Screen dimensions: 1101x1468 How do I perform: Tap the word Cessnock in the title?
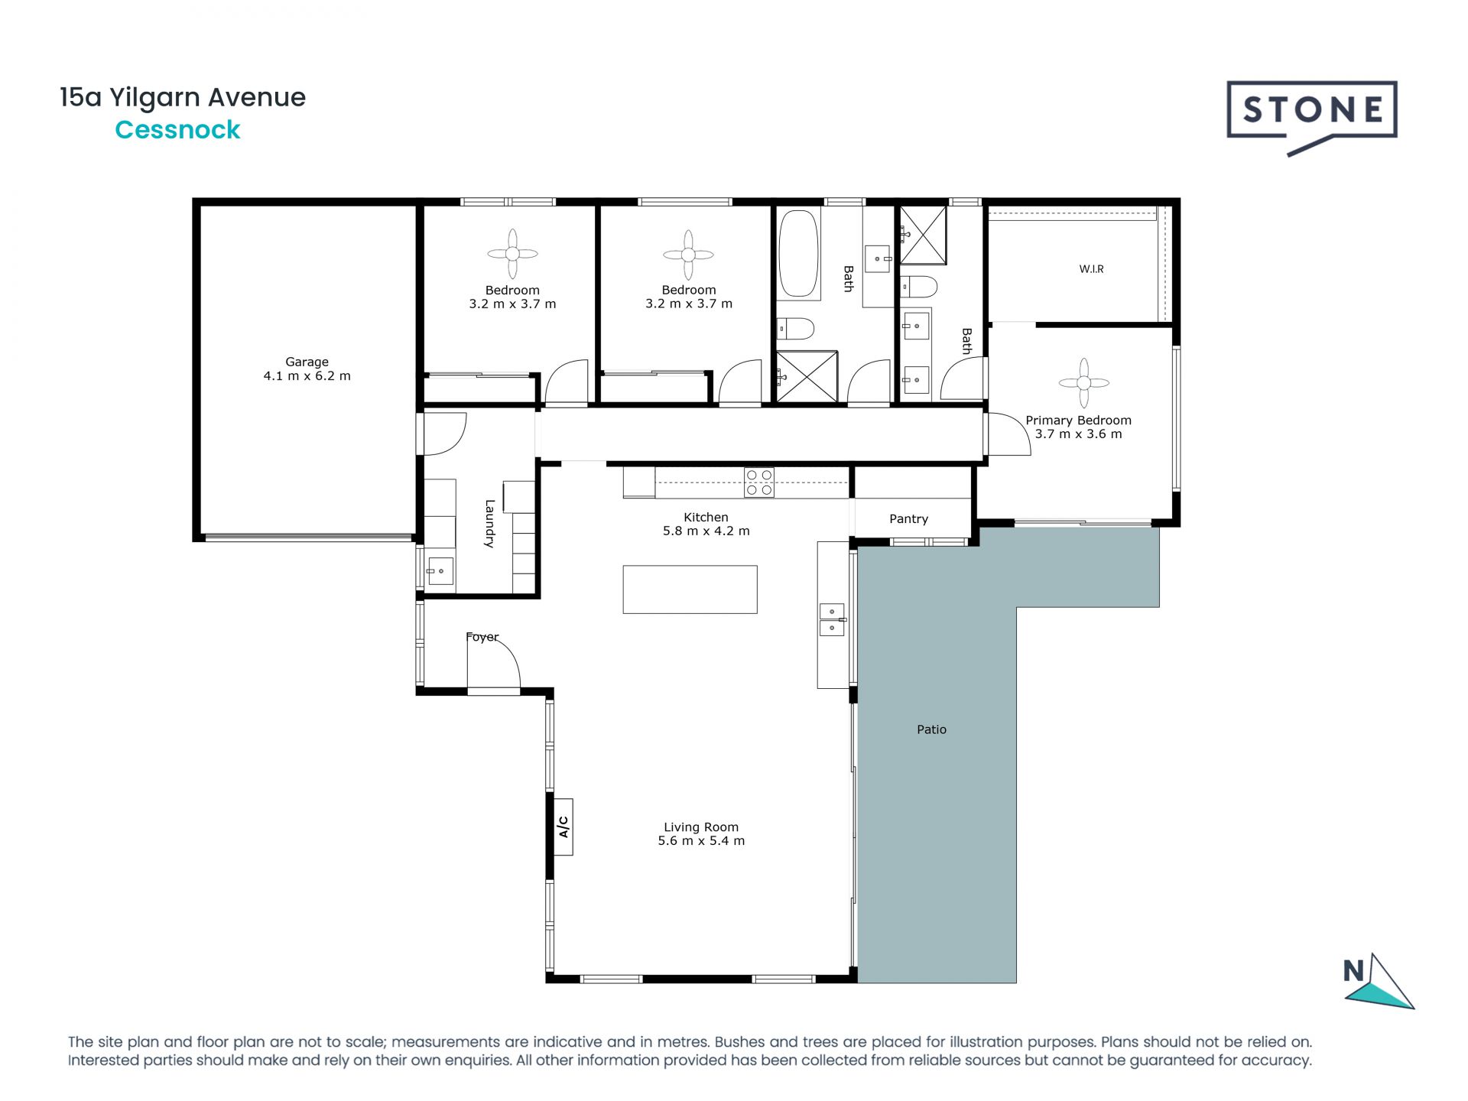tap(177, 130)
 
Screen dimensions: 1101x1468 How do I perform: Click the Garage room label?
tap(307, 362)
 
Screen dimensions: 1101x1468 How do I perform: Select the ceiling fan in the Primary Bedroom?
tap(1083, 383)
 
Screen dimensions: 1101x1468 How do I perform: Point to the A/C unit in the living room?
tap(563, 827)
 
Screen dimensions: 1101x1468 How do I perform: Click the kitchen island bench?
tap(690, 589)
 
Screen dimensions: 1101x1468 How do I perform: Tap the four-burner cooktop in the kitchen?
tap(758, 482)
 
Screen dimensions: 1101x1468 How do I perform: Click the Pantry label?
tap(908, 519)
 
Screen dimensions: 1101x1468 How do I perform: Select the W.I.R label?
tap(1091, 269)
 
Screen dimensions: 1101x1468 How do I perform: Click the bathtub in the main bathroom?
tap(798, 254)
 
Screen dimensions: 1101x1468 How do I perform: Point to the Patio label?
tap(931, 729)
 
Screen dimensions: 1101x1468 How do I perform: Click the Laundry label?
tap(489, 524)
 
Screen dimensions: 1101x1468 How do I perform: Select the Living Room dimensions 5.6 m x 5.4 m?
tap(701, 841)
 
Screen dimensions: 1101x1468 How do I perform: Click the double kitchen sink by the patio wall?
tap(832, 620)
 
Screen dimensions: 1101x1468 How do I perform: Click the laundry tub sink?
tap(440, 571)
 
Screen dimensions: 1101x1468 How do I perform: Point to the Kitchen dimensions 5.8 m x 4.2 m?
tap(706, 531)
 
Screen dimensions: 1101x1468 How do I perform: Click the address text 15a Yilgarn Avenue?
tap(183, 98)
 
